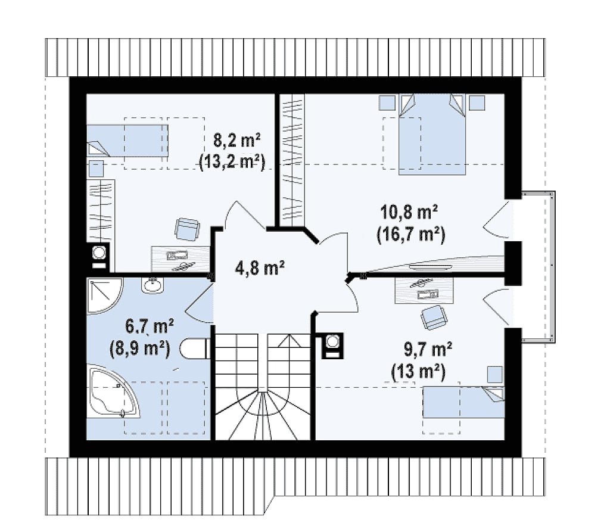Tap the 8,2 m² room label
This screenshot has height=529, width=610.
pos(237,140)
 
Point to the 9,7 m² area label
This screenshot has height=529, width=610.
pos(428,350)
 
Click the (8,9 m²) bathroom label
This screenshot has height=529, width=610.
pos(139,349)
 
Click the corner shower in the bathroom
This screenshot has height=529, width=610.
pos(104,295)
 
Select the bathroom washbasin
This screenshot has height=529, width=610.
pos(153,285)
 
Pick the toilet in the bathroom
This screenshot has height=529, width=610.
pos(195,348)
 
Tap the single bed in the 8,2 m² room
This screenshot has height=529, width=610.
pos(127,141)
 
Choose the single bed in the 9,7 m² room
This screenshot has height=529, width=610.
pos(463,402)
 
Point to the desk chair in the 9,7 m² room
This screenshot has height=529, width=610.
pos(434,316)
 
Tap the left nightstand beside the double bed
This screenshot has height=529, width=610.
pos(387,102)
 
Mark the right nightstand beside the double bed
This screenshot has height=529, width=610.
pos(477,102)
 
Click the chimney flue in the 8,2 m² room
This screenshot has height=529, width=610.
pos(98,257)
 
